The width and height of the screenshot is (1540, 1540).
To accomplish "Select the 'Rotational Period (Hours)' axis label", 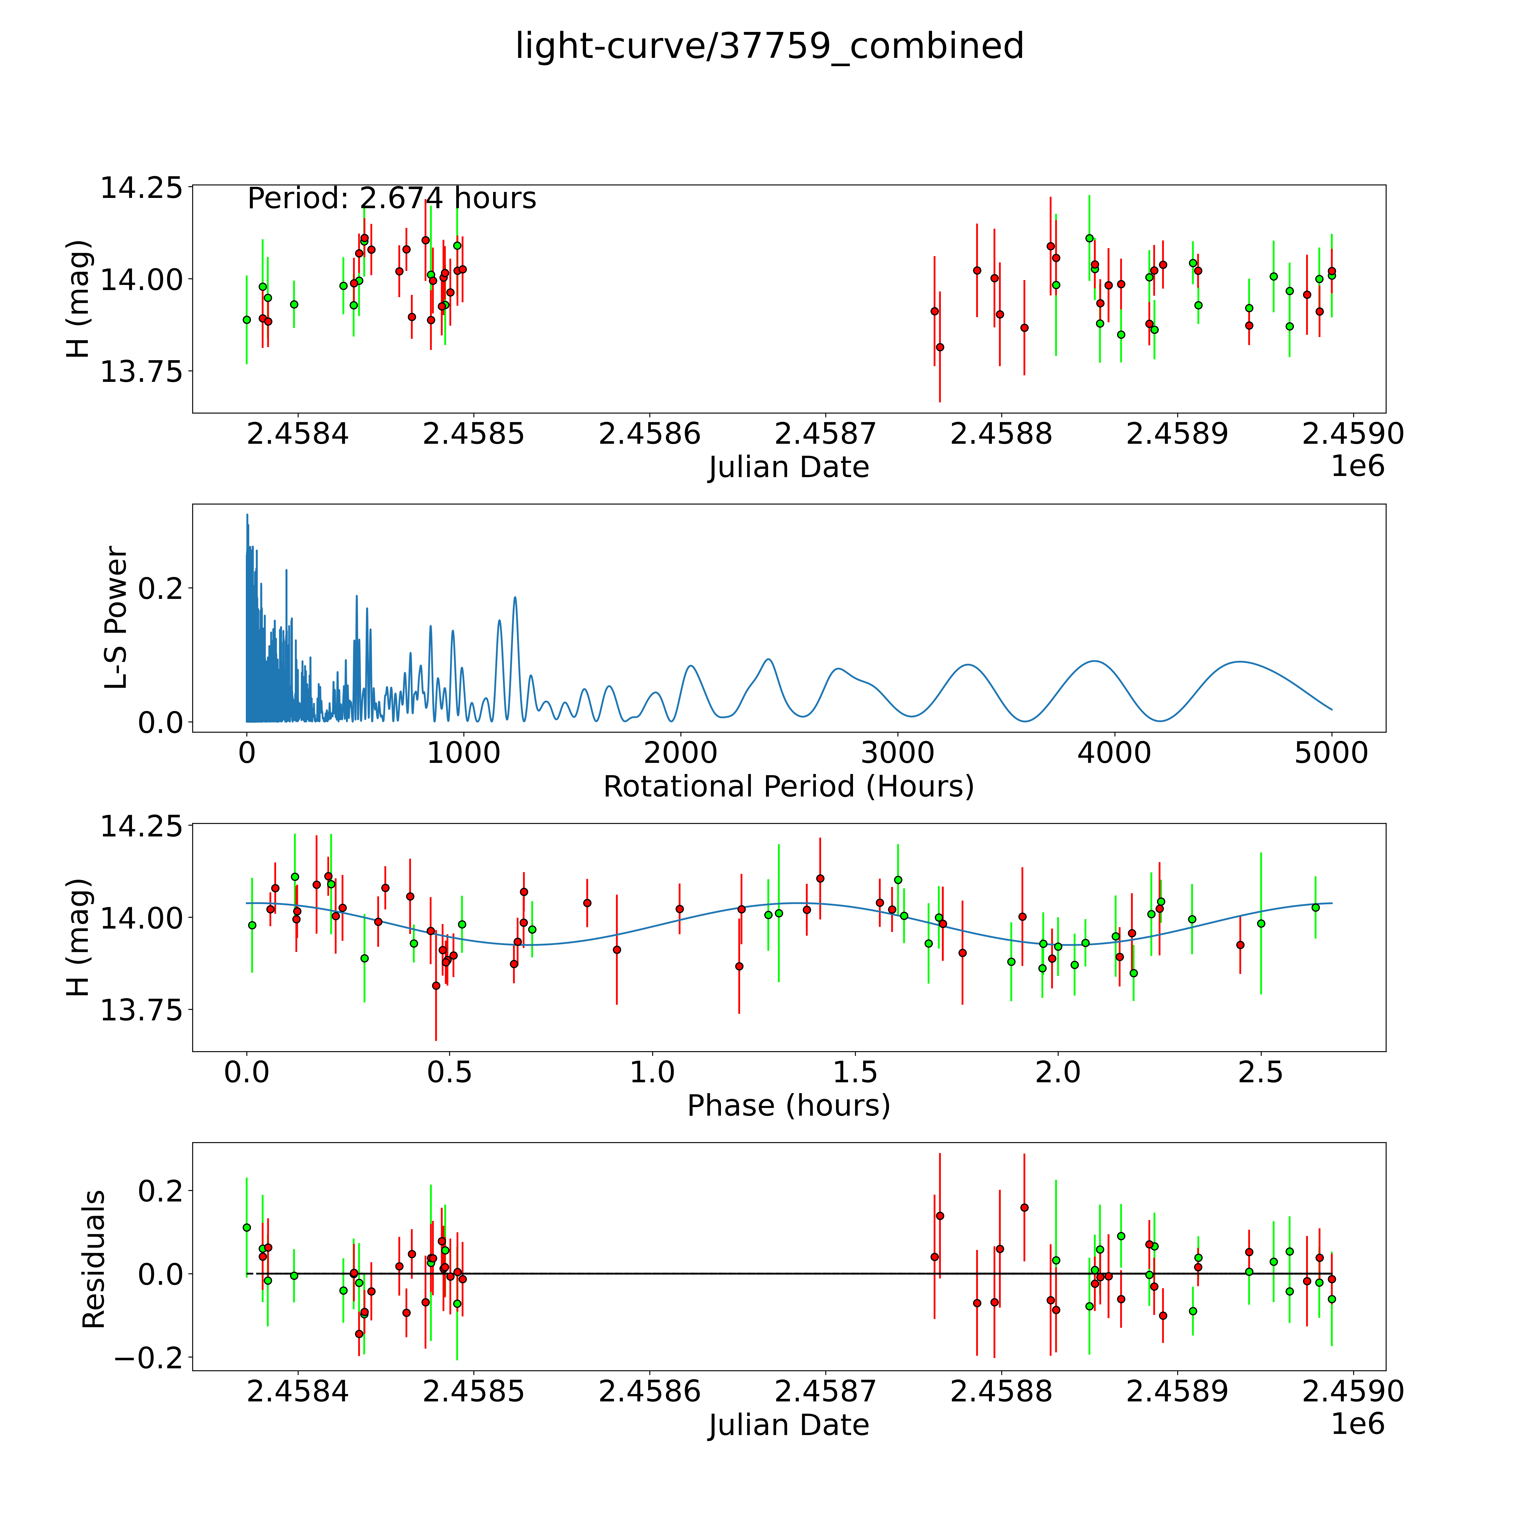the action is (x=788, y=787).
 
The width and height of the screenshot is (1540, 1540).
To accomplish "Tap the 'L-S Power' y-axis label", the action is (x=116, y=618).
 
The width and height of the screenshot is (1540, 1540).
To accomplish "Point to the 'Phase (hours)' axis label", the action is (x=788, y=1106).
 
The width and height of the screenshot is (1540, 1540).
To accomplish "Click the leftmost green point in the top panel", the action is (x=246, y=320).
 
